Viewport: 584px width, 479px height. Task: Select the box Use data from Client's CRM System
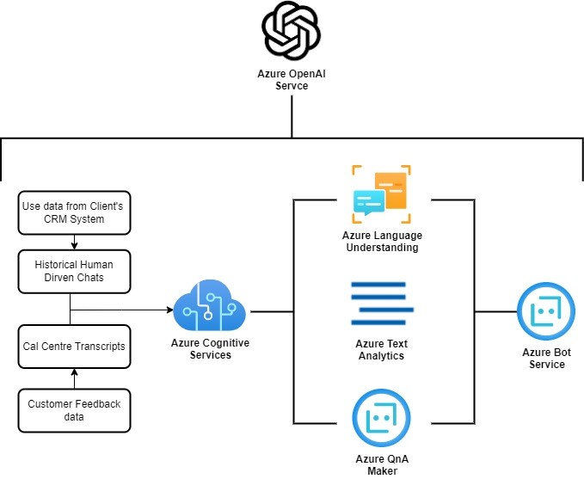75,212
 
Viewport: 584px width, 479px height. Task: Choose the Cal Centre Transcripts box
74,346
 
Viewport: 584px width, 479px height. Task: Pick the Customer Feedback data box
74,410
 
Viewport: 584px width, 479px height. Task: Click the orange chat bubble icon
381,194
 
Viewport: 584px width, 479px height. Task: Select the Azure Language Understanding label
381,242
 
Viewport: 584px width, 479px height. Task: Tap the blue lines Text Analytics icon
381,302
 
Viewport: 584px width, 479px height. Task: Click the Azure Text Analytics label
381,350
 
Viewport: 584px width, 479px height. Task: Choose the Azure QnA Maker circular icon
381,418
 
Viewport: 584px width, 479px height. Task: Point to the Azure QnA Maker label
381,464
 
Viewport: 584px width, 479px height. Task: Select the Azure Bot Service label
546,358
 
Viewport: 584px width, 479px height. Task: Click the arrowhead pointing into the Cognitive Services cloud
169,310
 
